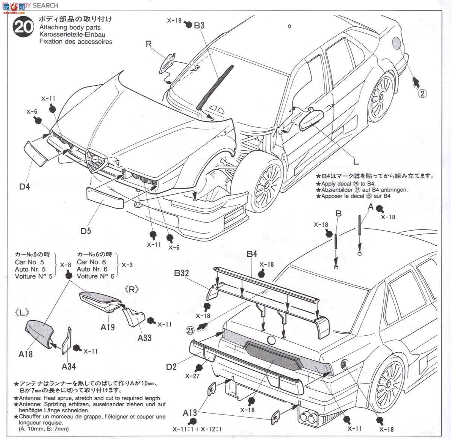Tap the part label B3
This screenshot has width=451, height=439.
tap(199, 26)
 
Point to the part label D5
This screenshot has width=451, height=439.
tap(86, 231)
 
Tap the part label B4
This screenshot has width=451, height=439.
tap(252, 254)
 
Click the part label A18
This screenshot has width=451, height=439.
tap(25, 353)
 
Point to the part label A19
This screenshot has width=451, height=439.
tap(107, 327)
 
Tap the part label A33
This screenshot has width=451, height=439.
tap(144, 338)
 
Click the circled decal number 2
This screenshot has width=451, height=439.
tap(422, 94)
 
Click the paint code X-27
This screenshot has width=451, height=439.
tap(192, 376)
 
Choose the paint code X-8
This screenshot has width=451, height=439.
tap(66, 265)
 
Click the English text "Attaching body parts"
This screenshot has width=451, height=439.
tap(70, 27)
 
